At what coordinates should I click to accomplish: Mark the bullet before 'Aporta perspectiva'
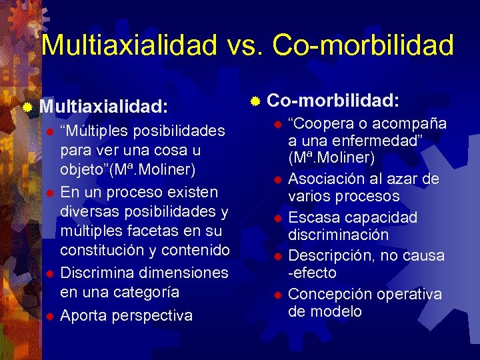[x=49, y=315]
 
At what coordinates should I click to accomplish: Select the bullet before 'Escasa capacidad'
[x=277, y=218]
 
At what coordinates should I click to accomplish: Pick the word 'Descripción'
[x=332, y=256]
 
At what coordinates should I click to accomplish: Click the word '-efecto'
[x=312, y=273]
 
